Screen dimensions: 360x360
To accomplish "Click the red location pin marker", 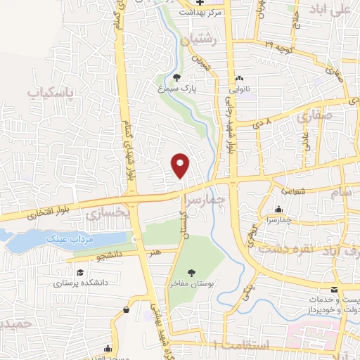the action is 181,165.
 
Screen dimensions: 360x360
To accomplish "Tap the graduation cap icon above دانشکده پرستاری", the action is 79,273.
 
